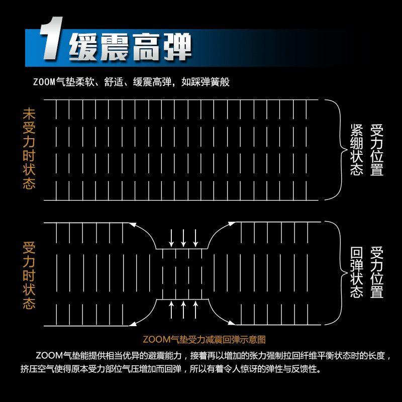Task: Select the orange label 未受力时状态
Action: pos(29,148)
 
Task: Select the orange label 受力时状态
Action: pos(29,276)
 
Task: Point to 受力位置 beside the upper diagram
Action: pos(377,150)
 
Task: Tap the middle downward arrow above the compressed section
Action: pos(183,237)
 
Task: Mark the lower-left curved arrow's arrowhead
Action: pos(133,323)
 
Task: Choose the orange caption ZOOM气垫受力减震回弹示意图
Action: pos(204,340)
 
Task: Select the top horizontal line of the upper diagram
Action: pos(181,100)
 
